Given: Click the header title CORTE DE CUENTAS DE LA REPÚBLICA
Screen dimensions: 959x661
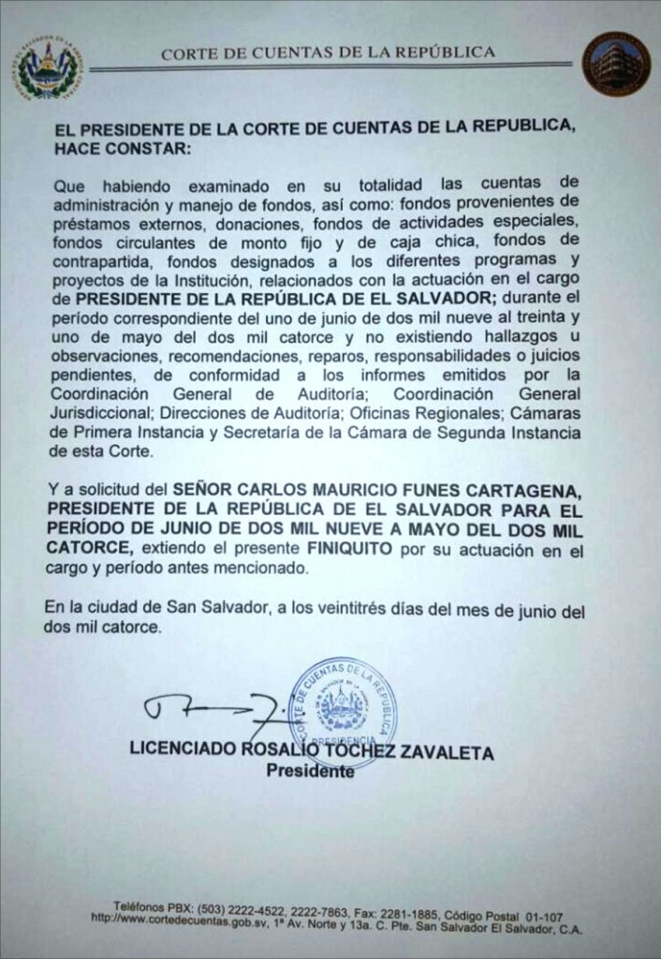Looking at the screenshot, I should point(328,53).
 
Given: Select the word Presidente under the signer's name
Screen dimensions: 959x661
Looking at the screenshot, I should point(311,772).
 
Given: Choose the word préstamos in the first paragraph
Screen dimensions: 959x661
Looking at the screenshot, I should point(82,225).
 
